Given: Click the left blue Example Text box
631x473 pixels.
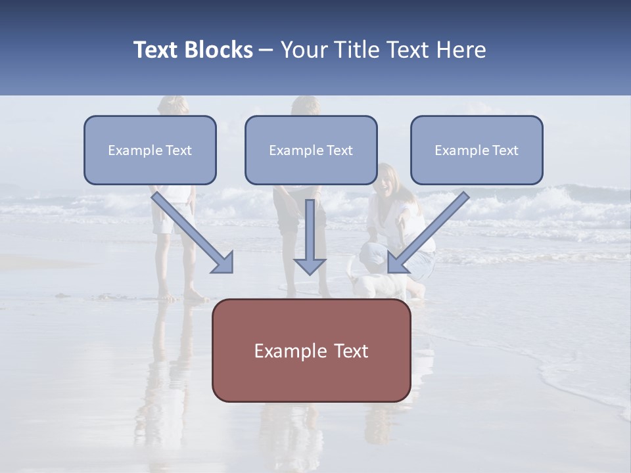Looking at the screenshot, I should tap(150, 150).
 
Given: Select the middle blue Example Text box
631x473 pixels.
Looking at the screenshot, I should tap(311, 150).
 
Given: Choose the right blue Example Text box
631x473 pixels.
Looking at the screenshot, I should tap(477, 150).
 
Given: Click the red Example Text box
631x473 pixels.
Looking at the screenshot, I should tap(311, 351).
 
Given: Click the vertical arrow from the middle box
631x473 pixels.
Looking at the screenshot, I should tap(310, 230).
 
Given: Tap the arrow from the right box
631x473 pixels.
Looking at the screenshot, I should tap(434, 227).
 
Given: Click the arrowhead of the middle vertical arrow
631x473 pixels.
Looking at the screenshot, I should tap(310, 265).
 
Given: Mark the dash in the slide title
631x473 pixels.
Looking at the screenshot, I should tap(266, 51).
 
